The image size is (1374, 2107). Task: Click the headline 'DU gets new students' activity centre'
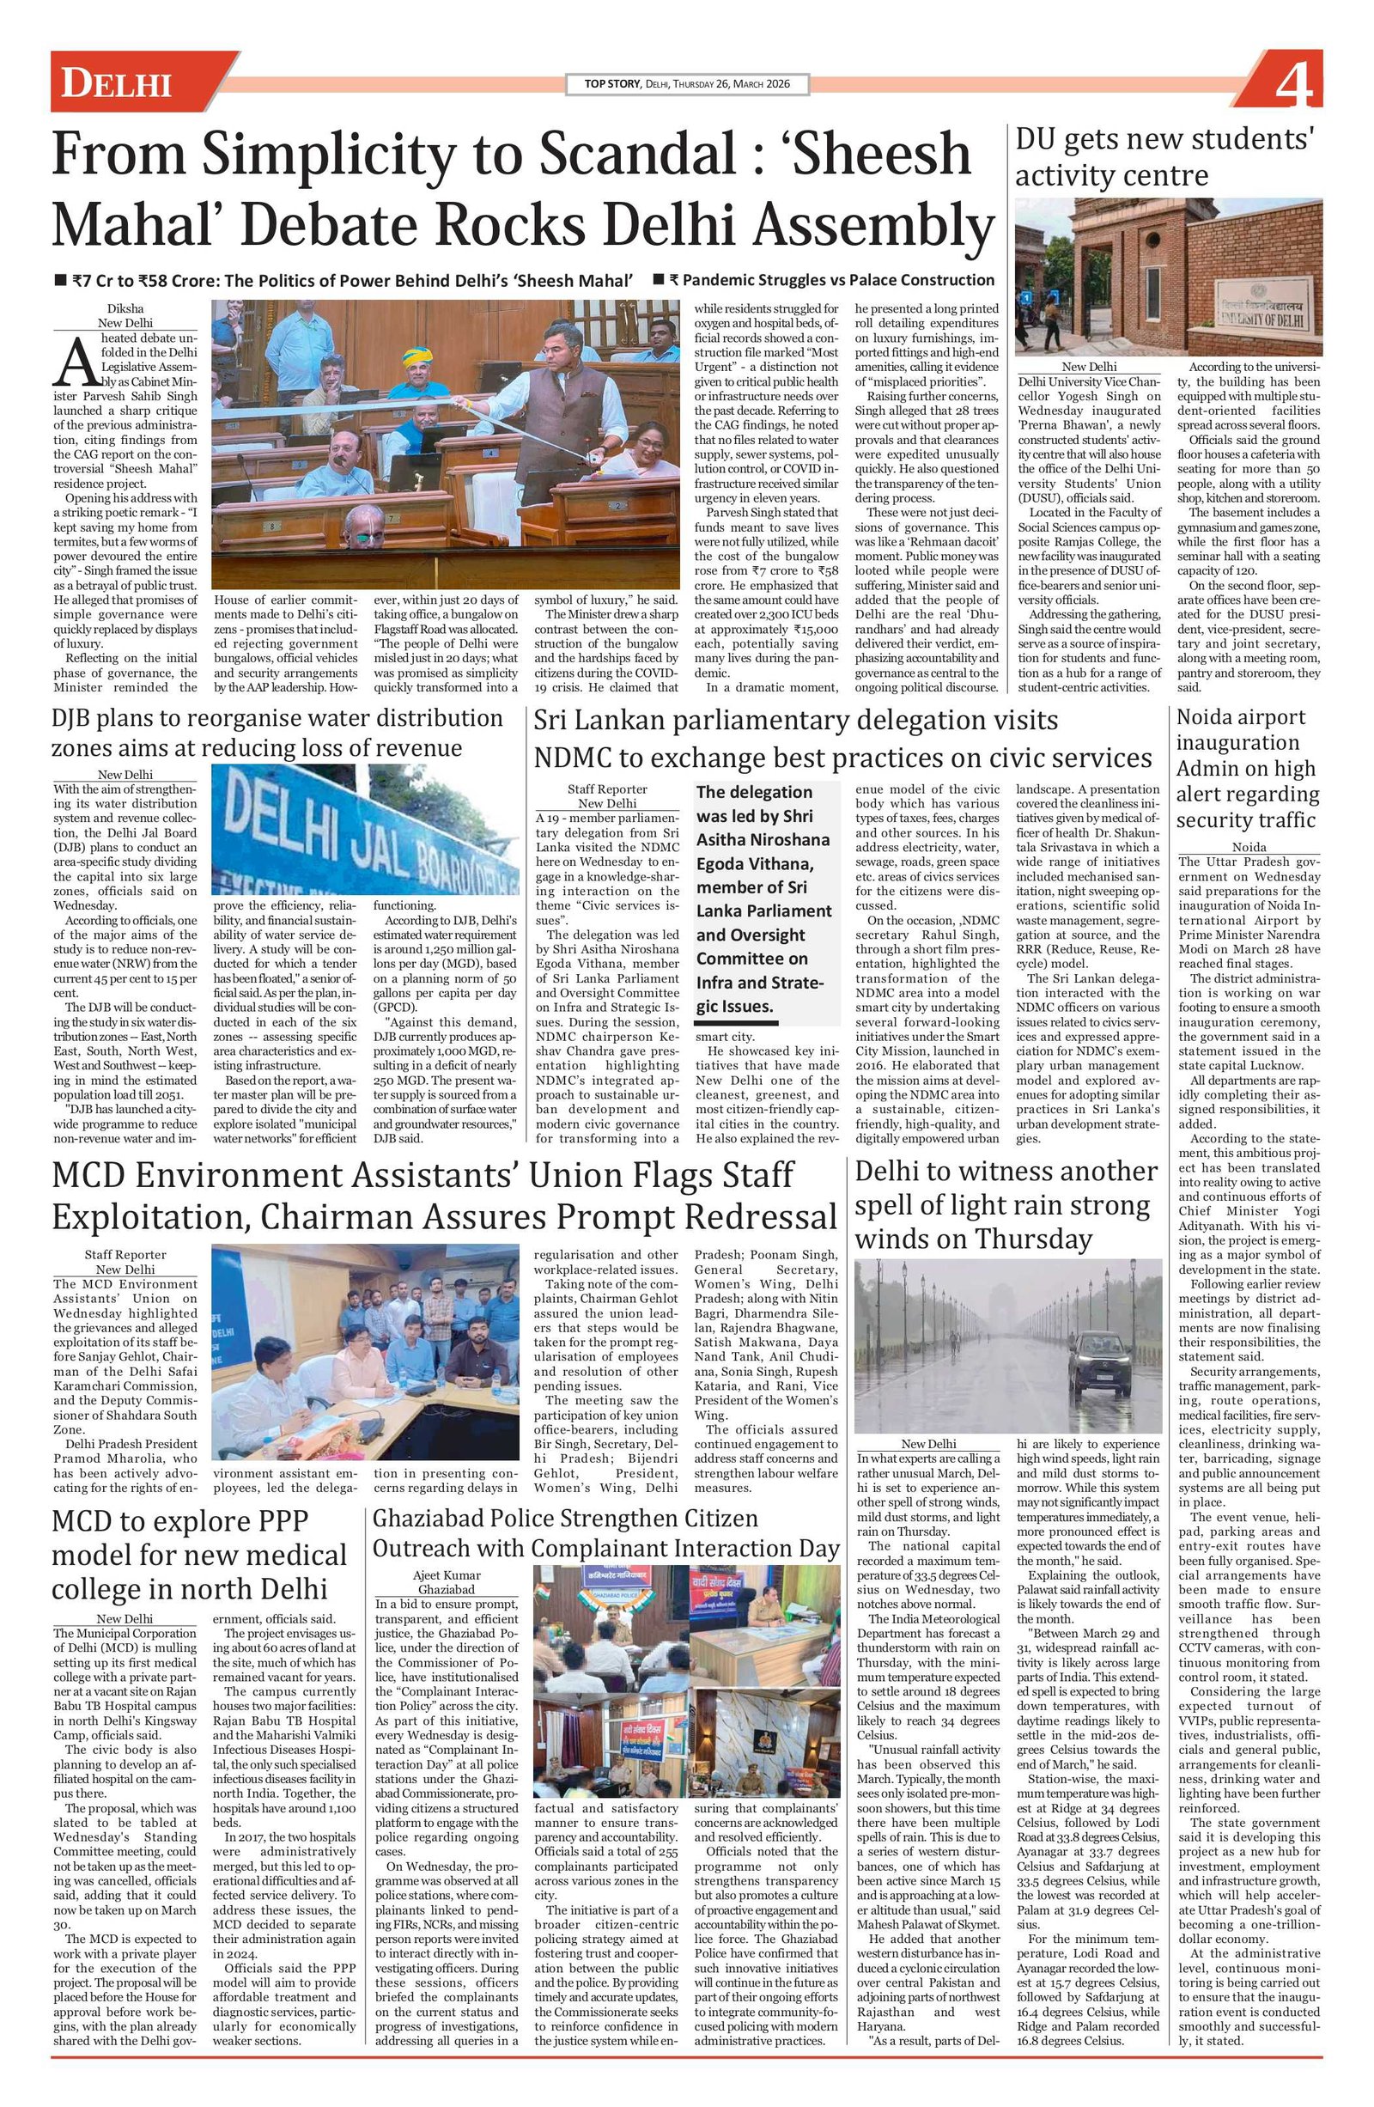pos(1164,156)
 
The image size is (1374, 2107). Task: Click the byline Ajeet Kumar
pos(447,1575)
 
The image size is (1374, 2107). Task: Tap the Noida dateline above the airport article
pos(1249,847)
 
